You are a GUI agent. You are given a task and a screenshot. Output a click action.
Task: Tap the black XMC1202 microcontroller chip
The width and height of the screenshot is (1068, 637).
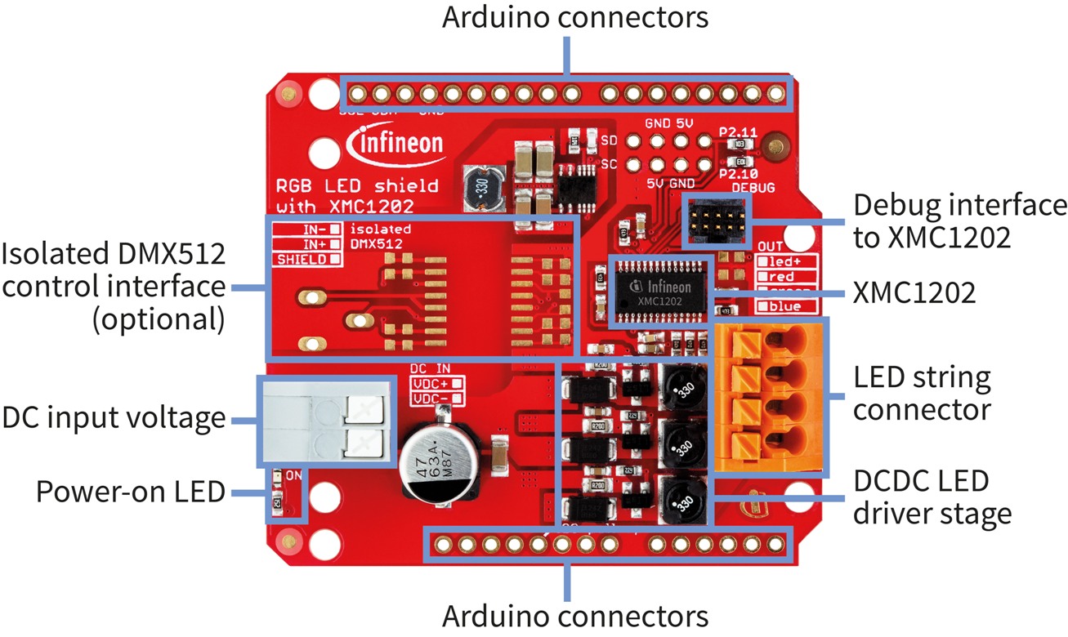coord(660,290)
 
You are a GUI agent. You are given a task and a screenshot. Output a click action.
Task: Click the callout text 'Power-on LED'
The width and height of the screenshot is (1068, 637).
coord(131,492)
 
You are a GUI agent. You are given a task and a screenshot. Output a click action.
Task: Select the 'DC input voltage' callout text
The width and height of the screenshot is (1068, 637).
coord(114,418)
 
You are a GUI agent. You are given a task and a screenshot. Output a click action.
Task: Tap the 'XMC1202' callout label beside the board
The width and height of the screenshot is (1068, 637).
coord(914,292)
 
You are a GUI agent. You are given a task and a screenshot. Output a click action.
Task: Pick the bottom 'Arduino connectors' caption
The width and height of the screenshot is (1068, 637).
coord(575,614)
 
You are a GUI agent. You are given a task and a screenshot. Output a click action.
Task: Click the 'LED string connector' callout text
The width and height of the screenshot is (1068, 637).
coord(922,394)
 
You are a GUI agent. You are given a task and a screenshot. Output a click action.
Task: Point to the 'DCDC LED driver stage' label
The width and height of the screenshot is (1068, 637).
coord(932,497)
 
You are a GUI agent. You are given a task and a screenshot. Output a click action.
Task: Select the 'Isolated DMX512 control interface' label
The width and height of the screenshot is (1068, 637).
coord(114,287)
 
